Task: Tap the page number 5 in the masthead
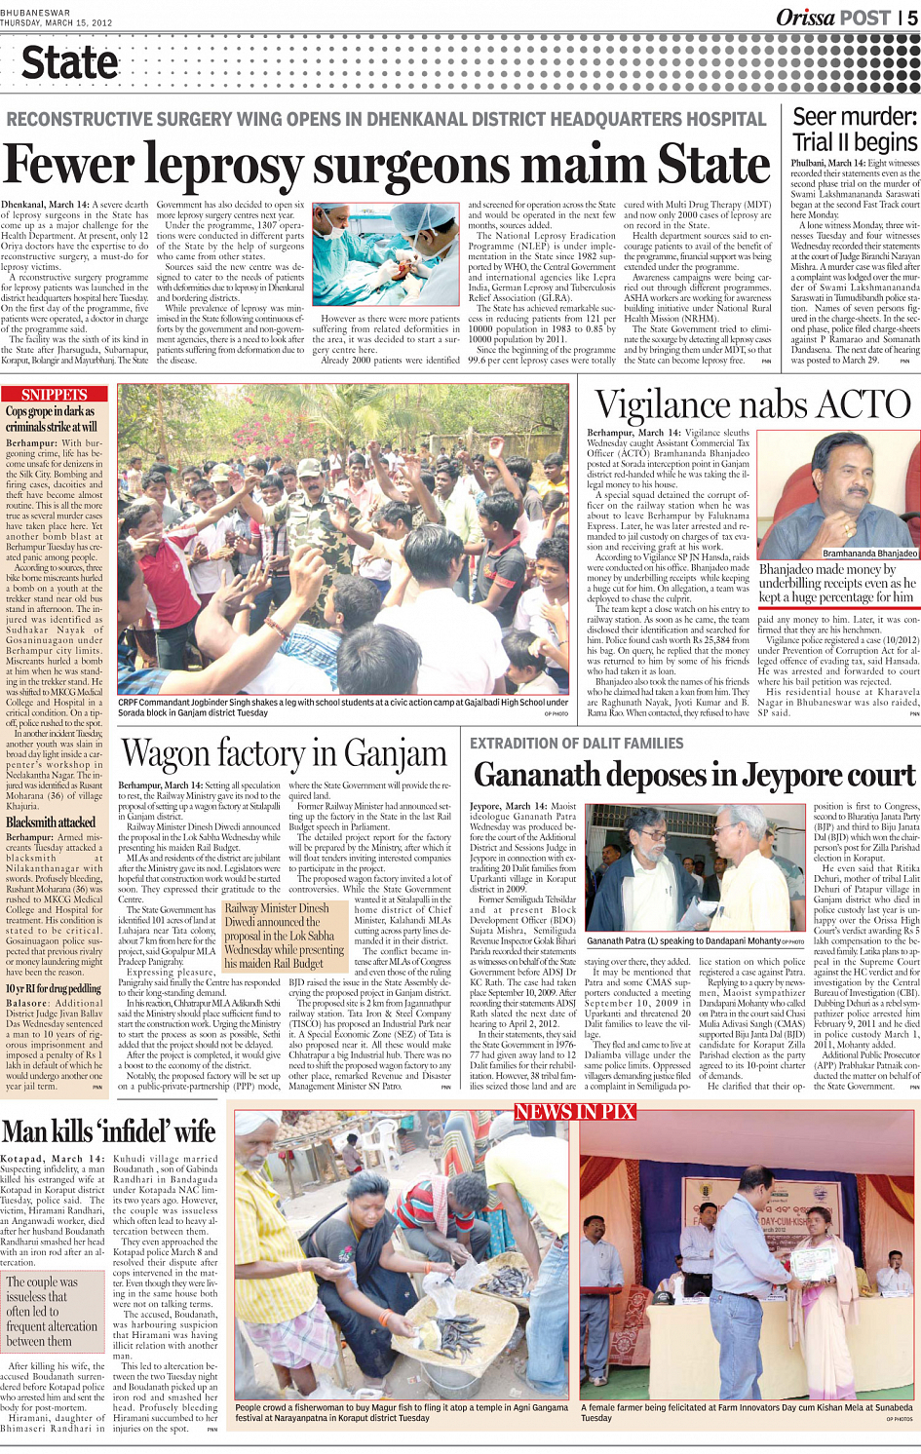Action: pos(912,17)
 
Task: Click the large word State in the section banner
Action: pos(69,64)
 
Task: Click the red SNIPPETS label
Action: pos(55,395)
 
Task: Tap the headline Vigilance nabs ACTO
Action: pos(752,404)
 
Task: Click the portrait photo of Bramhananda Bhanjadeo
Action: pos(840,488)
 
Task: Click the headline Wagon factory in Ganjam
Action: pos(284,753)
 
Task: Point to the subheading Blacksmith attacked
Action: pos(50,822)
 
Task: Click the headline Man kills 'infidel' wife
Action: pos(108,1131)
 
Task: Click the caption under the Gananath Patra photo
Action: pos(695,941)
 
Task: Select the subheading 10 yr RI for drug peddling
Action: pos(54,988)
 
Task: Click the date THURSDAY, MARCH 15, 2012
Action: pos(57,22)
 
